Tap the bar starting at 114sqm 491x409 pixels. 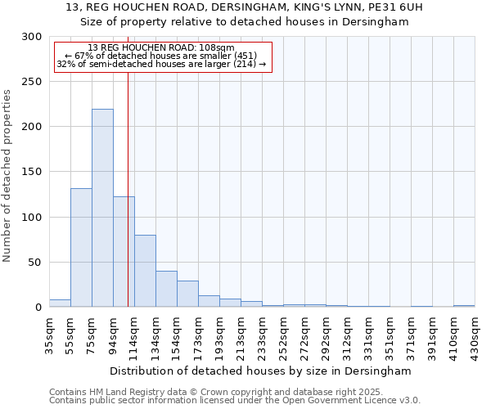pos(145,271)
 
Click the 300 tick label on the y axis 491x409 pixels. pos(32,37)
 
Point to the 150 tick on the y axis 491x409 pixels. pos(32,173)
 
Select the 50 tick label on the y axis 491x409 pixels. pos(35,263)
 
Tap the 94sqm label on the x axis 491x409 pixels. pos(113,335)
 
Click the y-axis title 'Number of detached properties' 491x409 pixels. pos(7,176)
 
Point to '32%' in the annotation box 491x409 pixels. pos(65,64)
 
